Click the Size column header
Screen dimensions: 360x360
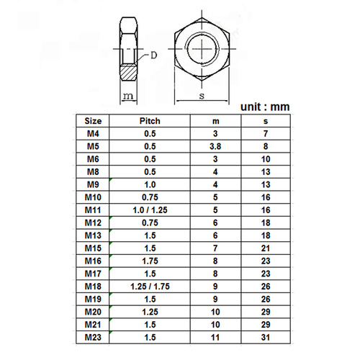[x=94, y=121]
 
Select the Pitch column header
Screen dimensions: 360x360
[x=149, y=121]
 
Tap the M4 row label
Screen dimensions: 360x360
[x=94, y=134]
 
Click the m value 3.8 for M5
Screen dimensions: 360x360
[x=214, y=146]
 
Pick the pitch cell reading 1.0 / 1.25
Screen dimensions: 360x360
[x=149, y=209]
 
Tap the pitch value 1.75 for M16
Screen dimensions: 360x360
[x=149, y=259]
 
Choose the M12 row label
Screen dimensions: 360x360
[x=94, y=222]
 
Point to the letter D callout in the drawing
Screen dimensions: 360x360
[x=155, y=55]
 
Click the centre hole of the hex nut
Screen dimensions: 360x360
[x=204, y=45]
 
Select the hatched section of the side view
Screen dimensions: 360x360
[x=129, y=71]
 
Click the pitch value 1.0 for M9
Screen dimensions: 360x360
[x=149, y=184]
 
